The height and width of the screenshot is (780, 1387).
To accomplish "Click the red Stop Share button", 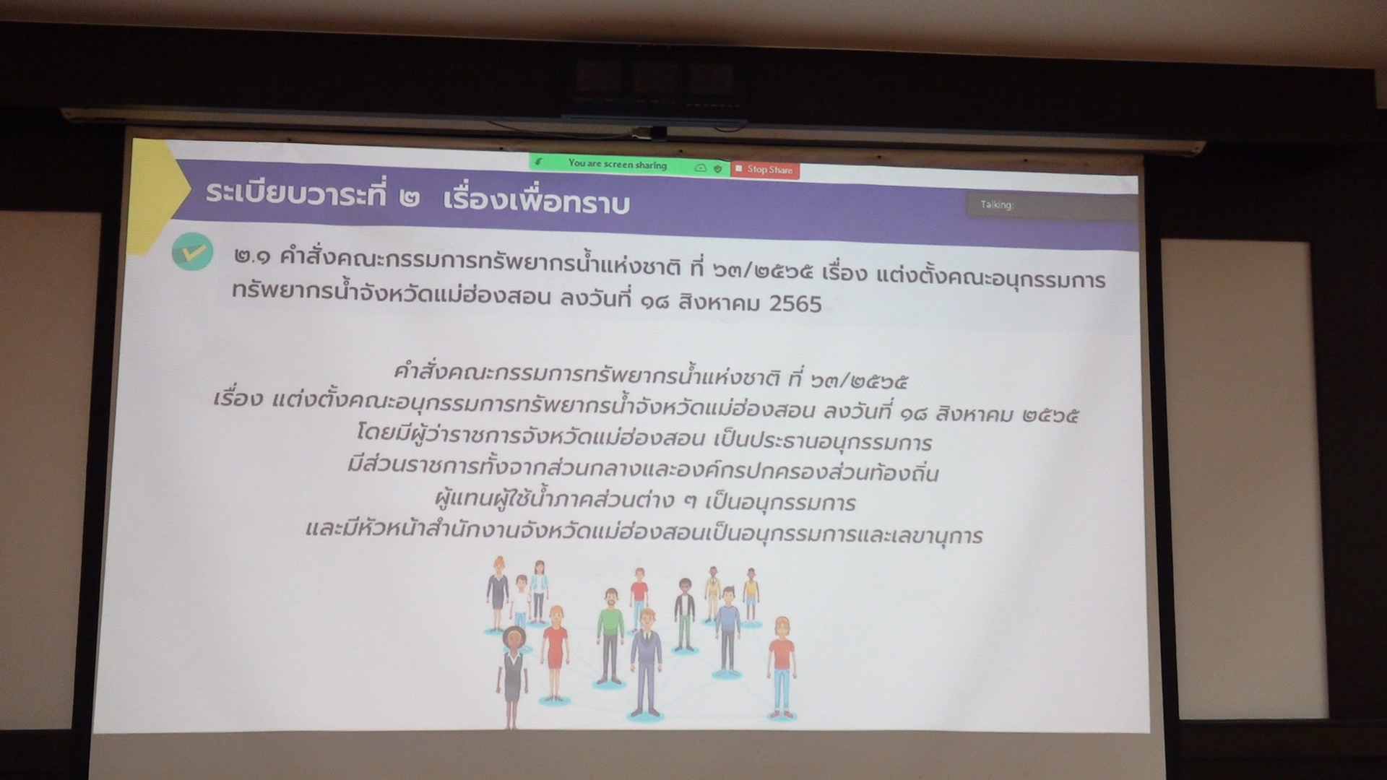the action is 765,170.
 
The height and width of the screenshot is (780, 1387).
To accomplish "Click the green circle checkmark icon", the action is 193,252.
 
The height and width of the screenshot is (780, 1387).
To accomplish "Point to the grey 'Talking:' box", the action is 1052,205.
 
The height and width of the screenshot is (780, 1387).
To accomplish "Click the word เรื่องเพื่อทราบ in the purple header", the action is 536,202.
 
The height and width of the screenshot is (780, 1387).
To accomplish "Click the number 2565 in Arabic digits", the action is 795,303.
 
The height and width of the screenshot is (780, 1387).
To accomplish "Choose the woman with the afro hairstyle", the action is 513,676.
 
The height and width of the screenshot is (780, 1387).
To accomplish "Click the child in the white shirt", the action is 520,600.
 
